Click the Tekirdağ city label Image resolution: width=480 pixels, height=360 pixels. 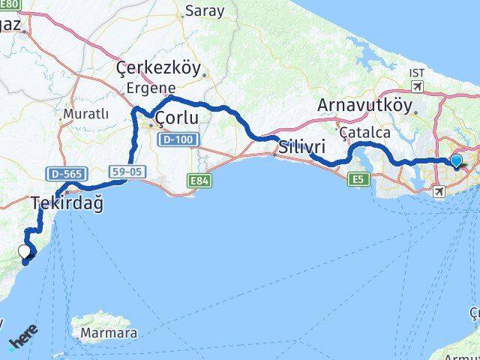(x=67, y=202)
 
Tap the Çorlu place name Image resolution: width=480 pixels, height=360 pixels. (x=176, y=118)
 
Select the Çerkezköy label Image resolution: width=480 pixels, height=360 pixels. (x=159, y=69)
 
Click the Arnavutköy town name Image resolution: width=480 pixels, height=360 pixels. (x=364, y=106)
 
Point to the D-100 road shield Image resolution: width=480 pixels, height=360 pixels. (x=179, y=139)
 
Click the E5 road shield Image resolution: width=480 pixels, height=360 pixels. (x=359, y=178)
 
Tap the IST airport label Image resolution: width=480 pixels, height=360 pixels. (x=417, y=73)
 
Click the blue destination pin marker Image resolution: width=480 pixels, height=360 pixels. (x=456, y=160)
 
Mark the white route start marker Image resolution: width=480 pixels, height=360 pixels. (x=24, y=252)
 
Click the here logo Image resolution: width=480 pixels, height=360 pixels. (x=22, y=339)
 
